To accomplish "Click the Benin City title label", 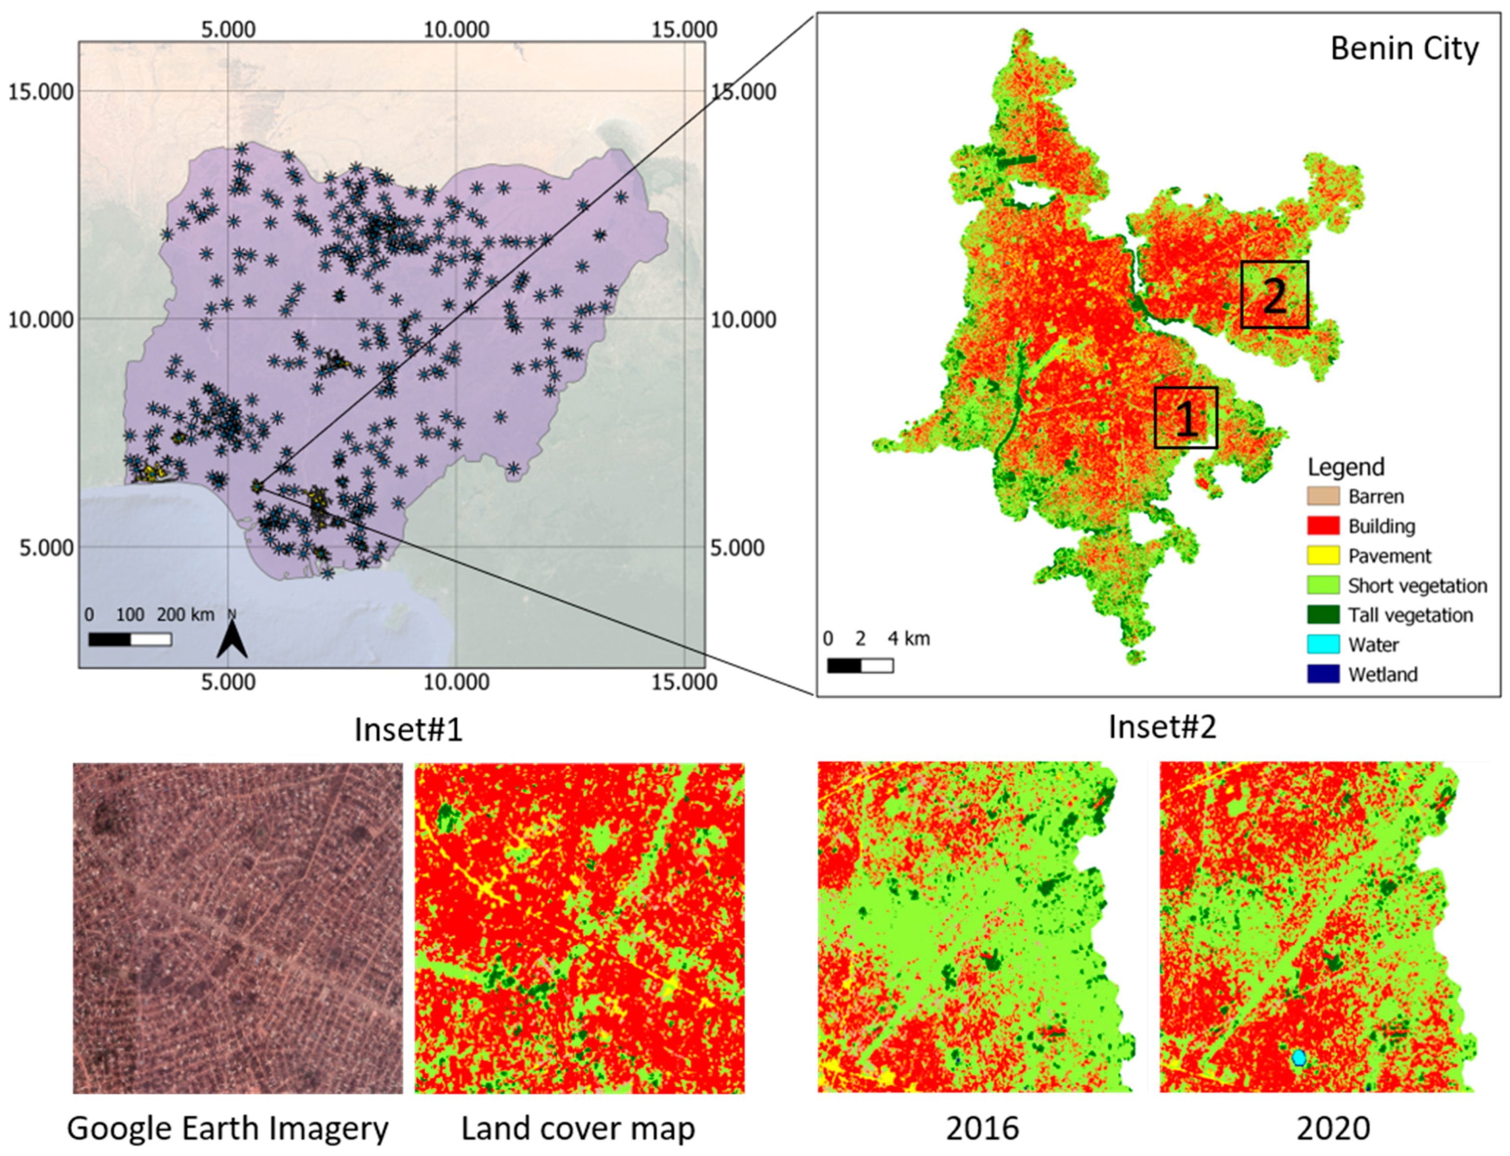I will point(1403,49).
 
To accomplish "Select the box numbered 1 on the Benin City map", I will point(1186,418).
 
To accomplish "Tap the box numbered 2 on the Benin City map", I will point(1274,294).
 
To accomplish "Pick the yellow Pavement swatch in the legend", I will point(1323,556).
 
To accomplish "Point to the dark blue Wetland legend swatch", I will point(1323,674).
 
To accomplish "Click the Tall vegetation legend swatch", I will point(1323,615).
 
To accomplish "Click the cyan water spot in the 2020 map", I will point(1298,1057).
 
